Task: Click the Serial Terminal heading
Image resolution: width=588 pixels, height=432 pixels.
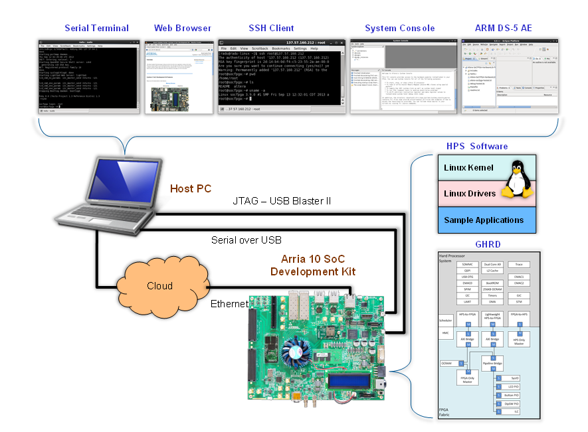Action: tap(96, 28)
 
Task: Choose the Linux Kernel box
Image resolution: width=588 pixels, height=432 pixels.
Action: tap(468, 168)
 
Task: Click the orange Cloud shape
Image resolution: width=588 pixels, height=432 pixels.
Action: tap(159, 286)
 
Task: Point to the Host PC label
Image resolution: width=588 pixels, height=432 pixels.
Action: tap(191, 189)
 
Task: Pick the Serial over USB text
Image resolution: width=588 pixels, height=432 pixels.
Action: tap(246, 240)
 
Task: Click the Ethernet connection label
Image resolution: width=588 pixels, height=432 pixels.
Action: tap(229, 304)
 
